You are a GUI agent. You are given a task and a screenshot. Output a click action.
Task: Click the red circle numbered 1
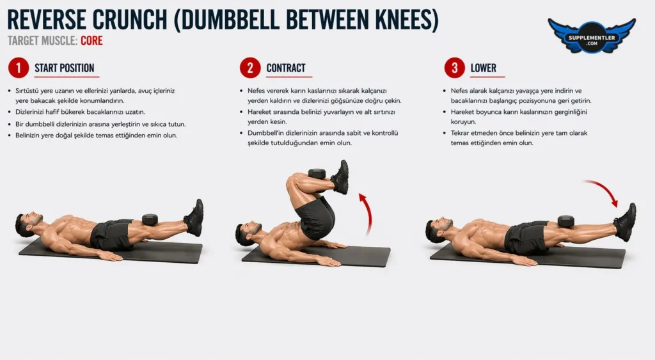tap(19, 68)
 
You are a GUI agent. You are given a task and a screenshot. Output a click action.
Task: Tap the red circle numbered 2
tap(250, 68)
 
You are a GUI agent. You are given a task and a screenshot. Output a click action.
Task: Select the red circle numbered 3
tap(455, 68)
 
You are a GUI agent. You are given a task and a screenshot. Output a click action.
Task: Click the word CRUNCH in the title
tap(129, 19)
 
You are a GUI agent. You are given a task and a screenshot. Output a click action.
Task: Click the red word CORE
tap(91, 40)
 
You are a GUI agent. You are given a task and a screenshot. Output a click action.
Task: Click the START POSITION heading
tap(65, 68)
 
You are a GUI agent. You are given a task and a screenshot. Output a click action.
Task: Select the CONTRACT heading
tap(286, 68)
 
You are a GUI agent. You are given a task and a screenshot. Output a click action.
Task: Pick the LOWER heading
tap(484, 68)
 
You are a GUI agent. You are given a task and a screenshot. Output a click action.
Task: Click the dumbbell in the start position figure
tap(150, 220)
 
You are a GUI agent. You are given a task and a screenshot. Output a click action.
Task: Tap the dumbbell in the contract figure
tap(317, 174)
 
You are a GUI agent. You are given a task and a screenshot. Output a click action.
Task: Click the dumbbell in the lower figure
tap(565, 222)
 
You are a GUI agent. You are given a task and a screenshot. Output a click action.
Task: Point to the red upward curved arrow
tap(368, 213)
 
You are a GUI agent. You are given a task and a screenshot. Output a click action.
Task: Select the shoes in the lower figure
tap(626, 222)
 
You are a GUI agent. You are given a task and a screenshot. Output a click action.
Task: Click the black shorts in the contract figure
tap(316, 217)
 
